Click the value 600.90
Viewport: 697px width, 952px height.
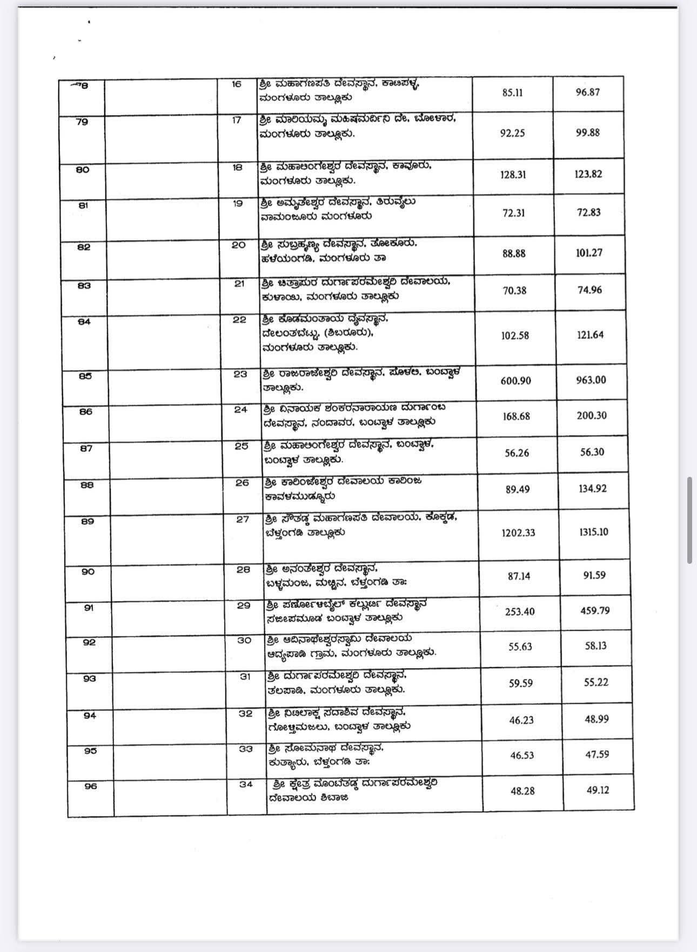click(515, 381)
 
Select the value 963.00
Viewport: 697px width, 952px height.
click(591, 380)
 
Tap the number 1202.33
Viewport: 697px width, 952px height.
click(518, 532)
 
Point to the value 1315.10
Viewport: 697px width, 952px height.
click(593, 531)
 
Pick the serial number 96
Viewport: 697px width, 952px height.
click(90, 786)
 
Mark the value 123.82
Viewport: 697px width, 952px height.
click(588, 174)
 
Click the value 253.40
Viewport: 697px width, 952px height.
click(520, 611)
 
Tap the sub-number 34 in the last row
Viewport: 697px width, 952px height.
click(246, 784)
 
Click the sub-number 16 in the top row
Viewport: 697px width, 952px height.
click(236, 84)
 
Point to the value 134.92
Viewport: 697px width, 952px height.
click(593, 488)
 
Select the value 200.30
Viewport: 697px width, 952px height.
click(592, 415)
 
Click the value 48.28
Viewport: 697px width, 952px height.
click(522, 791)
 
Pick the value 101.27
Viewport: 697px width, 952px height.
click(589, 252)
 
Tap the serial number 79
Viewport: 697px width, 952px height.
click(82, 121)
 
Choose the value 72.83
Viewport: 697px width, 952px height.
click(588, 212)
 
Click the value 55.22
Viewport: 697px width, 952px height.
click(596, 682)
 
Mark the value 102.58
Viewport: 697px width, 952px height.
click(515, 335)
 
